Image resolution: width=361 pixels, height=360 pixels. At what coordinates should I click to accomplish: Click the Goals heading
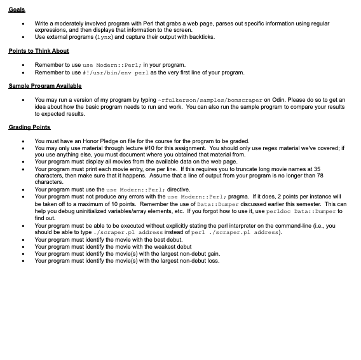pos(17,10)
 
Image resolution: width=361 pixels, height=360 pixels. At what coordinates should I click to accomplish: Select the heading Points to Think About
pos(39,51)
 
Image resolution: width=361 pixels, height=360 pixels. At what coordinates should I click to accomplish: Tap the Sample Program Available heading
pos(45,86)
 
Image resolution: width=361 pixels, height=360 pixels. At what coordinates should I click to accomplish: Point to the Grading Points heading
pos(29,127)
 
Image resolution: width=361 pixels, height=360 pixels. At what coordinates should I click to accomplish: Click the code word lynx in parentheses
pos(104,37)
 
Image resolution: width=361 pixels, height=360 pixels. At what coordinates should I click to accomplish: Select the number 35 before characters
pos(317,169)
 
